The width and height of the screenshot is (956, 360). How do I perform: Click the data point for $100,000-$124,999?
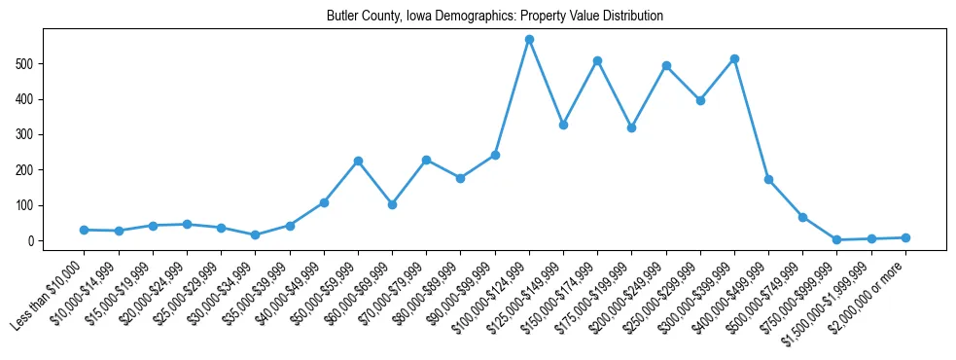tap(529, 40)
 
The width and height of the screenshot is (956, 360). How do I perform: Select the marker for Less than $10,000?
tap(85, 230)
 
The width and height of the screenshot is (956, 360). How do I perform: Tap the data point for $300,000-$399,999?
tap(734, 59)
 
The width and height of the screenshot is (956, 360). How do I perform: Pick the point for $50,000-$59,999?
tap(358, 161)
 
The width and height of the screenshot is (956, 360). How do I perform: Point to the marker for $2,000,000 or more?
tap(905, 237)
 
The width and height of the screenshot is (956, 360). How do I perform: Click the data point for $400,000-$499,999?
tap(768, 179)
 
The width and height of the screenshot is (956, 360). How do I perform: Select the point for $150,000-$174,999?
tap(597, 60)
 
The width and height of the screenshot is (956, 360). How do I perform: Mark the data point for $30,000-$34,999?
tap(255, 234)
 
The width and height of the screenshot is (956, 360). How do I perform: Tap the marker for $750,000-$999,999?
tap(836, 239)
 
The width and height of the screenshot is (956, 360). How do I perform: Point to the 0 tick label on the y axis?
tap(33, 240)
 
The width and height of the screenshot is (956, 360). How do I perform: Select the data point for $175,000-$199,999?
tap(631, 127)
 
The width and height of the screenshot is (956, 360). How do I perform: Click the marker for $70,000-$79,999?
tap(426, 160)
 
